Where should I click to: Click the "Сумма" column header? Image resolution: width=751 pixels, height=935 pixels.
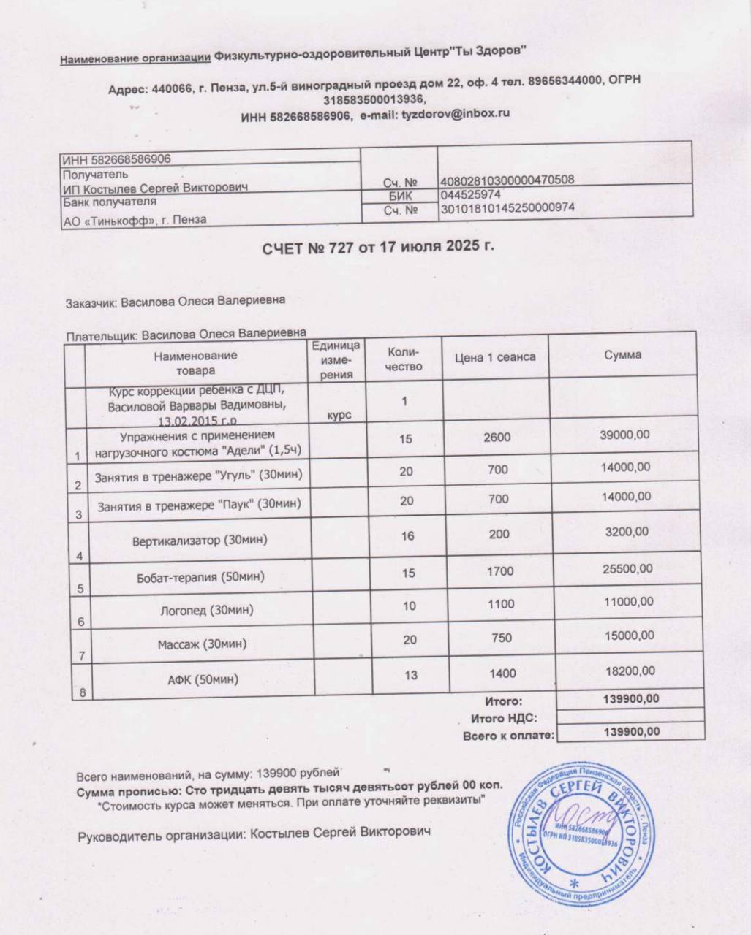point(623,355)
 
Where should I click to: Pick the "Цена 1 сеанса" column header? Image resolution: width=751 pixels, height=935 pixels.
point(495,356)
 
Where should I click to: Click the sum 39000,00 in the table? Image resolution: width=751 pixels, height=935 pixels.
point(624,435)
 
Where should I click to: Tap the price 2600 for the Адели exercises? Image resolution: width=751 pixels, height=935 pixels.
point(497,438)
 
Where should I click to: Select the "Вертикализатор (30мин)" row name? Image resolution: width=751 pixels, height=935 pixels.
point(199,541)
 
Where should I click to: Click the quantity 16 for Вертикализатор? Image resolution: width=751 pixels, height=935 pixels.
point(407,536)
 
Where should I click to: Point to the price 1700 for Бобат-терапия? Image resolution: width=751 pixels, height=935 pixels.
point(500,571)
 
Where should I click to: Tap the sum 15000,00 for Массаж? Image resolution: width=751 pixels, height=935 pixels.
point(630,636)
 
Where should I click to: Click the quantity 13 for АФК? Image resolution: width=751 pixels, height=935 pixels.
point(410,675)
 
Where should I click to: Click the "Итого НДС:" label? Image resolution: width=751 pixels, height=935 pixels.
point(504,718)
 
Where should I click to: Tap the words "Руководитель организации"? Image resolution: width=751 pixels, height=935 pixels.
point(160,833)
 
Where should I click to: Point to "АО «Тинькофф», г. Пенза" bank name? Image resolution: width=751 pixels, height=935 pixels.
point(135,219)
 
